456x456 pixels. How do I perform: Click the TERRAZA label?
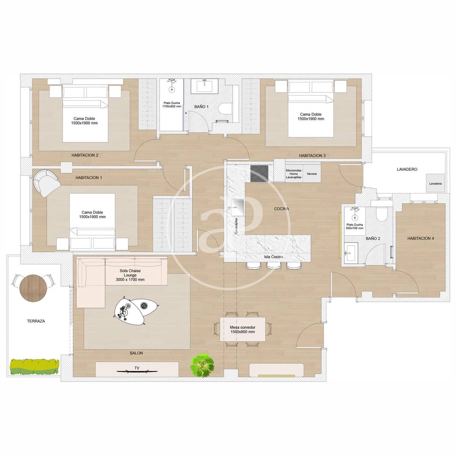36,321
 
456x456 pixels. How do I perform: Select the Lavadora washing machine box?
435,184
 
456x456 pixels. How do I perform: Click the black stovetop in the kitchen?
259,174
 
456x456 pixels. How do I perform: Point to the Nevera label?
312,174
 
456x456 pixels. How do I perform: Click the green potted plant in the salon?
201,366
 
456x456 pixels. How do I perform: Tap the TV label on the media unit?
137,368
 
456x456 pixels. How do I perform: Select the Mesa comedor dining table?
242,329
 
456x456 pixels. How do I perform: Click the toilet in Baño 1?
226,109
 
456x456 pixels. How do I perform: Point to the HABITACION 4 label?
420,239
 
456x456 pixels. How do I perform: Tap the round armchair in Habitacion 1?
46,183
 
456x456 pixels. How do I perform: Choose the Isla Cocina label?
273,257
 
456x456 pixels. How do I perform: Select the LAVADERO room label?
407,169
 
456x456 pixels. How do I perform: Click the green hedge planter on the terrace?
34,367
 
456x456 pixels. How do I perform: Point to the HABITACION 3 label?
312,155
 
